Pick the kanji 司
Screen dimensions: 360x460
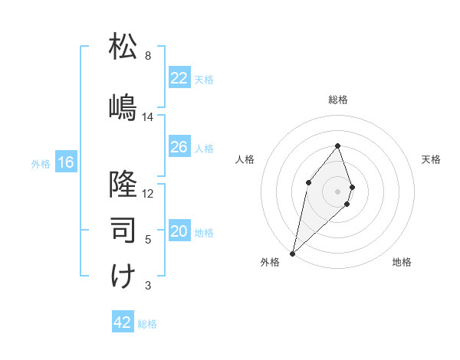click(x=123, y=228)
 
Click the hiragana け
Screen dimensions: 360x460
click(x=123, y=275)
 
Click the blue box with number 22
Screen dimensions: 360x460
click(x=179, y=78)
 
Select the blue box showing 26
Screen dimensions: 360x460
click(x=179, y=148)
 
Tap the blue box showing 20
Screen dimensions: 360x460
click(x=179, y=232)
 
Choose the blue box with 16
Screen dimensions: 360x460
click(x=66, y=162)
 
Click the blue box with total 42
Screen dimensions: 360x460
click(x=123, y=322)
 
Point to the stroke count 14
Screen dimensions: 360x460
click(x=148, y=117)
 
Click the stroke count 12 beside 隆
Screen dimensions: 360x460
click(x=148, y=193)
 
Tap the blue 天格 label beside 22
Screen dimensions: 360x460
click(x=204, y=79)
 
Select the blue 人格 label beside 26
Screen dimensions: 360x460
click(x=204, y=149)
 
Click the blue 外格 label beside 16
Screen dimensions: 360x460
click(x=40, y=163)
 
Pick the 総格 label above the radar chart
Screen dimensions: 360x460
click(x=338, y=100)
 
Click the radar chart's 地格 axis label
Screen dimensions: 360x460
click(x=402, y=262)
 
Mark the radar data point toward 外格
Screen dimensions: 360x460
click(x=292, y=253)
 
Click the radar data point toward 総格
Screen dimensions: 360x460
click(x=337, y=146)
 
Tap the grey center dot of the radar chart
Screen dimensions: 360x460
click(x=337, y=191)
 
